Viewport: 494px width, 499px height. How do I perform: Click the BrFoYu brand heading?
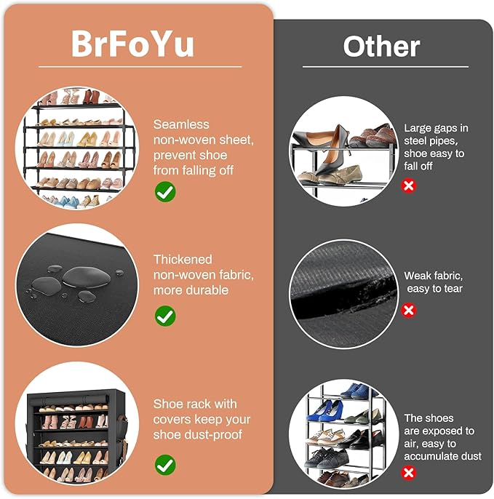click(x=132, y=44)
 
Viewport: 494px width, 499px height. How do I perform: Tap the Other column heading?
click(x=381, y=47)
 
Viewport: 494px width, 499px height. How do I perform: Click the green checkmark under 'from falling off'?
click(x=165, y=191)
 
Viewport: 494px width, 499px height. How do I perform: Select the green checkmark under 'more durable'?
click(x=165, y=316)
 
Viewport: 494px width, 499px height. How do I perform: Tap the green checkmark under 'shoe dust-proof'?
click(x=165, y=465)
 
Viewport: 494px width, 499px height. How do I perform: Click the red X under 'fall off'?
click(x=409, y=185)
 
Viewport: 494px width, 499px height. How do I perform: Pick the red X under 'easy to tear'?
click(x=409, y=311)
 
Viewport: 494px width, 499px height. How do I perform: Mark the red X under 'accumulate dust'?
click(x=409, y=473)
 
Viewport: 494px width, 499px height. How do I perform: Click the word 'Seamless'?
click(x=181, y=124)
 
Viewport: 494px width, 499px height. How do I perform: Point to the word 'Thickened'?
click(x=183, y=260)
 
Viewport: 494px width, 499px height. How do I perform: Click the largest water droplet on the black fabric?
click(x=87, y=276)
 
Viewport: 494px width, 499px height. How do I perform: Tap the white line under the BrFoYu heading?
click(x=140, y=67)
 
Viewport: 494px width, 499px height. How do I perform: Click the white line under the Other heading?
click(x=386, y=67)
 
